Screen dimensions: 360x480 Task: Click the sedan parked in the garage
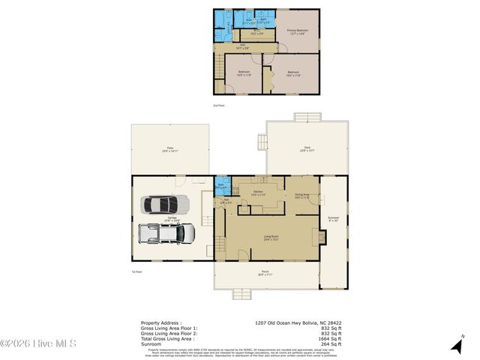166,204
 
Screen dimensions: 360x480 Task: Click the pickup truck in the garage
166,233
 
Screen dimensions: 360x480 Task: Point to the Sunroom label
333,218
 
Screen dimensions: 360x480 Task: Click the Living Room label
271,238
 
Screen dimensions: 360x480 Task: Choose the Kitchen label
258,193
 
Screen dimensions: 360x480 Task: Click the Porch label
265,272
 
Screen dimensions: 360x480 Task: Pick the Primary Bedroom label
298,31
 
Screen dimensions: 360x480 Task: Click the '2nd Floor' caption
219,106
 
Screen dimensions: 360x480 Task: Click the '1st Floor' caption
136,271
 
